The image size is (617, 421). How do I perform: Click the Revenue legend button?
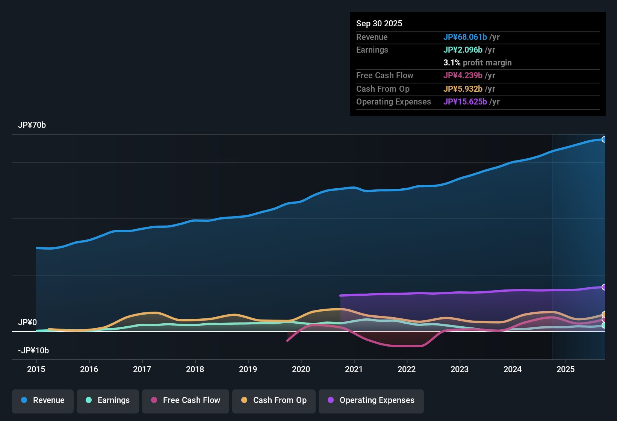(x=43, y=401)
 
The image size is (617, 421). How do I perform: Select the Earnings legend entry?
(x=108, y=401)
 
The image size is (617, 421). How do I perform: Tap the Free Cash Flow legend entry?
(x=186, y=401)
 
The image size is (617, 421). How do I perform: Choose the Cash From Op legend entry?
(x=274, y=401)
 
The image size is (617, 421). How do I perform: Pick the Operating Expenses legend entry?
(x=371, y=401)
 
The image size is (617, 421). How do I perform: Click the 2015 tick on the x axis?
(x=36, y=370)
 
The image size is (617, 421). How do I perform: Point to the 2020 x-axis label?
(x=301, y=370)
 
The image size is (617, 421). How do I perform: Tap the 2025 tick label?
(x=566, y=370)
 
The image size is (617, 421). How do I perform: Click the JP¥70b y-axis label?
(x=32, y=125)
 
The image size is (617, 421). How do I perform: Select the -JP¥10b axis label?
(x=33, y=351)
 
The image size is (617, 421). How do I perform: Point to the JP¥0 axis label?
(x=27, y=323)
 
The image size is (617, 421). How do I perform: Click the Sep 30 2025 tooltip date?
(x=379, y=24)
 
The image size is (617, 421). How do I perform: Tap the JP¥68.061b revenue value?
(x=465, y=37)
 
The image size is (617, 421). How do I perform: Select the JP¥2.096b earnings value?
(x=463, y=50)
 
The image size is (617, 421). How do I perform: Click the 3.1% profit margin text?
(x=477, y=63)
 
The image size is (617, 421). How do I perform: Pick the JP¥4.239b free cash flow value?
(x=463, y=76)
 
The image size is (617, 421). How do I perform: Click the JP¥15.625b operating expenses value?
(x=465, y=102)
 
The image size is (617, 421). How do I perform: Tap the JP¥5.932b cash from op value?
(x=463, y=89)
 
